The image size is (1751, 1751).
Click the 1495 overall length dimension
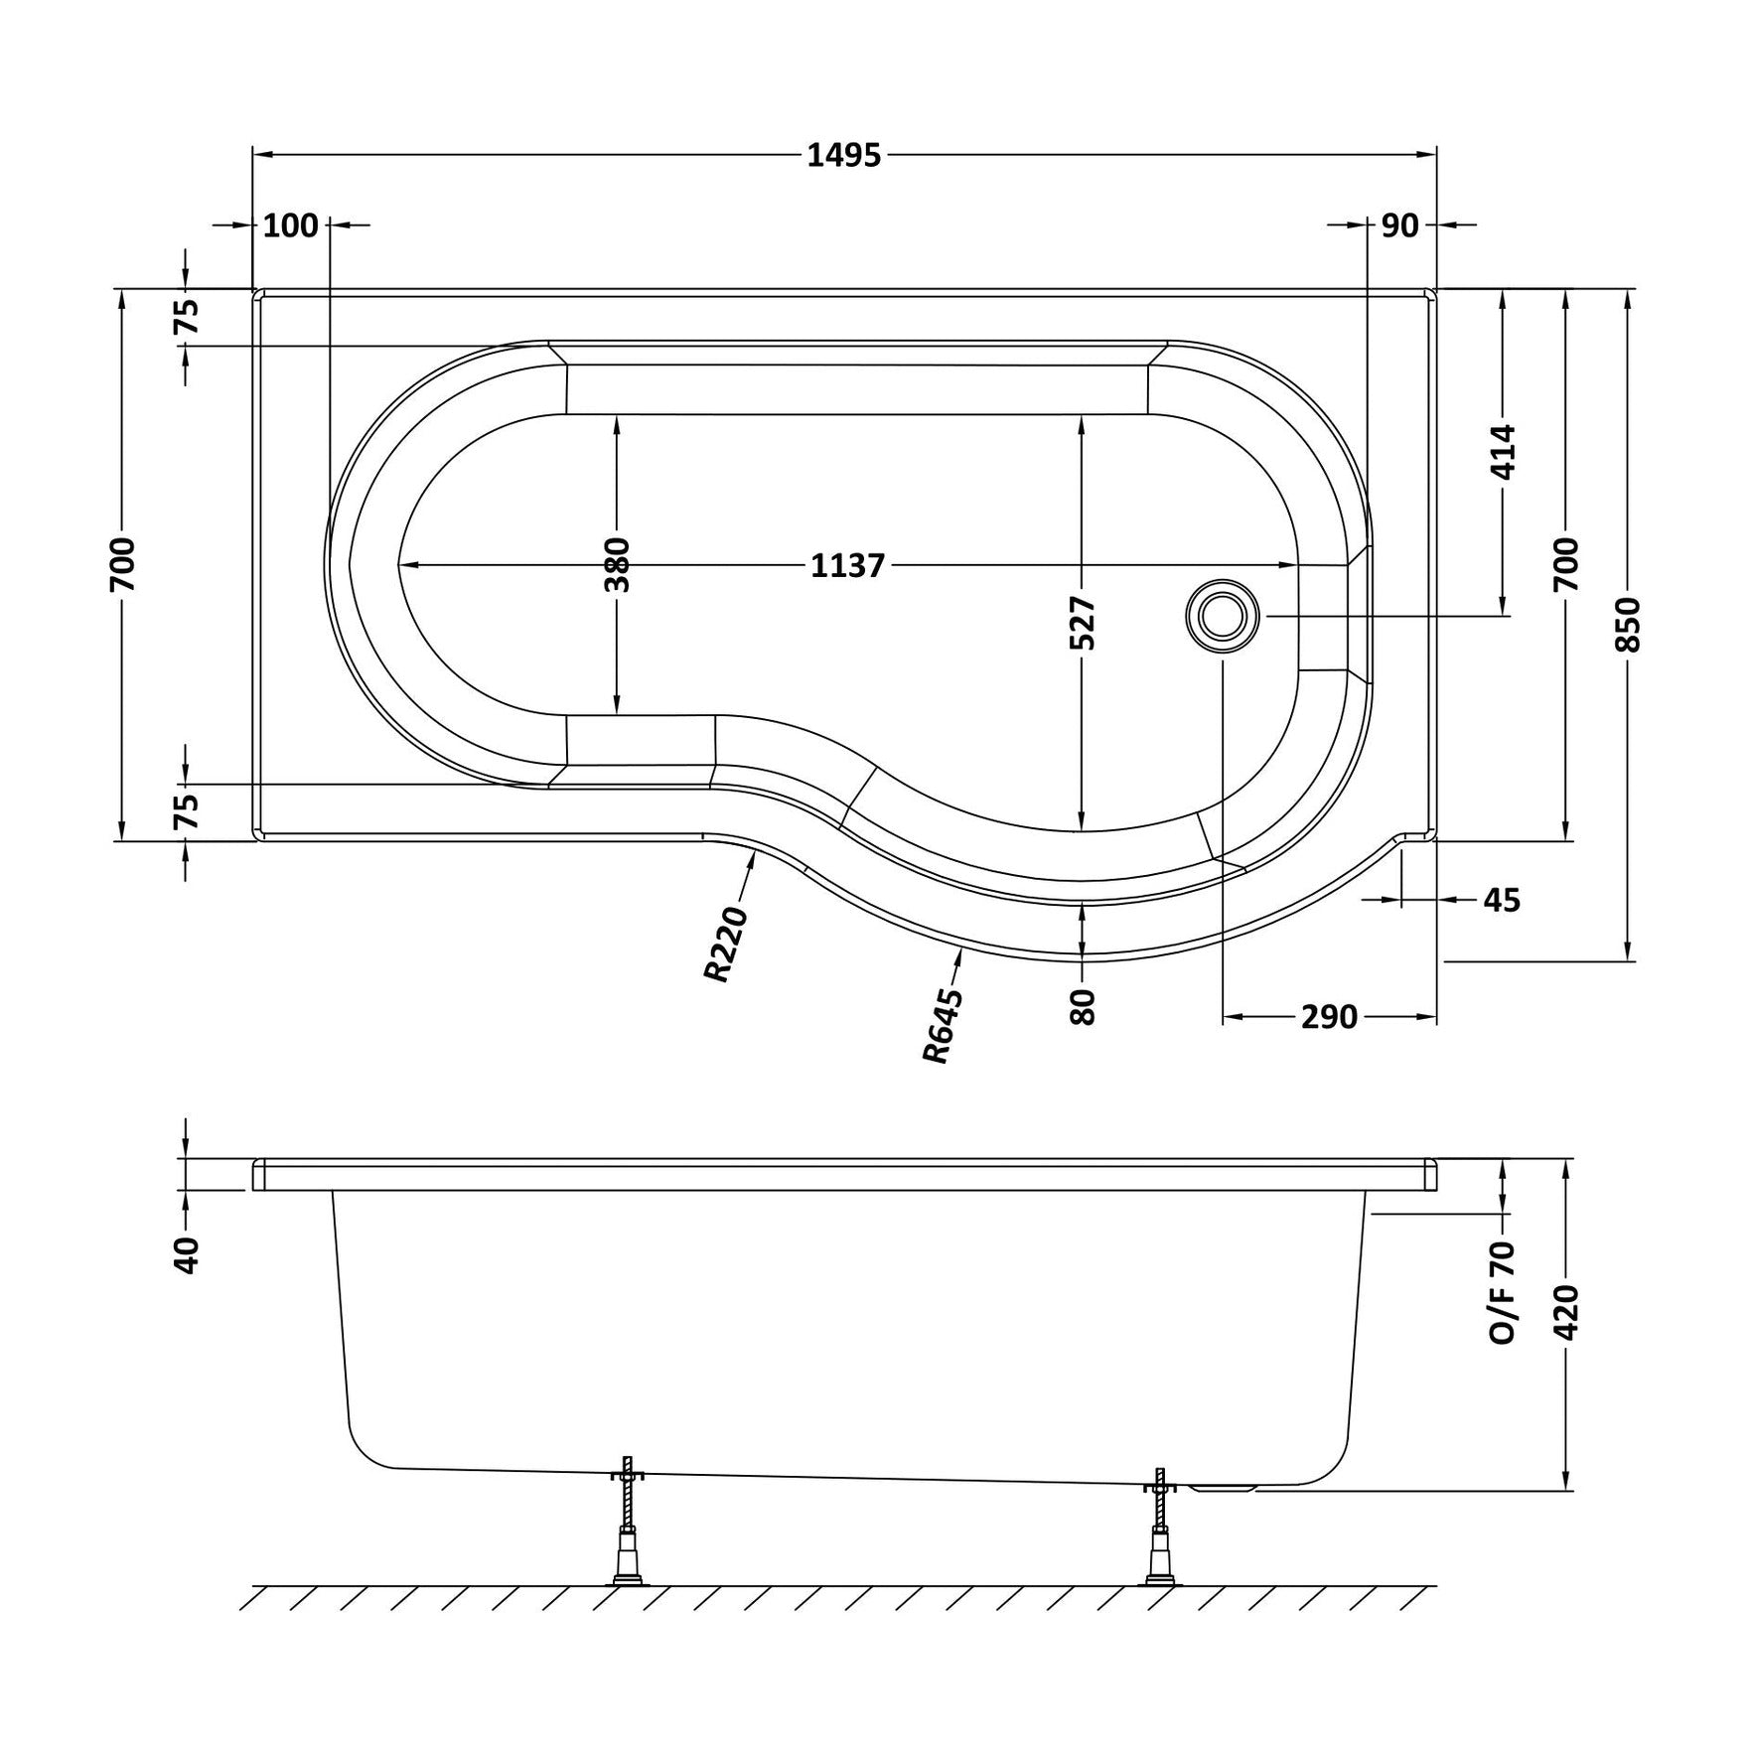[x=843, y=156]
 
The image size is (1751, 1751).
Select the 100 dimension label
[x=291, y=226]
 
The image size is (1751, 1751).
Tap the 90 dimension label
[x=1399, y=226]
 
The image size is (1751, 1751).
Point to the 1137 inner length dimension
[x=847, y=566]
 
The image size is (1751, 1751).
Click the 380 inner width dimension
[x=617, y=564]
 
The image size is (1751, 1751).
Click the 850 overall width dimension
[x=1628, y=625]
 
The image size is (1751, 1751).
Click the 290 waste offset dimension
[x=1329, y=1017]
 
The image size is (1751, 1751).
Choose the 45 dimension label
[x=1502, y=900]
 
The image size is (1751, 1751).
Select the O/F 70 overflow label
[x=1504, y=1292]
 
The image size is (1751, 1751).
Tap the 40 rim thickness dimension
[x=187, y=1254]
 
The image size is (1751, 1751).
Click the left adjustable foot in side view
[x=627, y=1534]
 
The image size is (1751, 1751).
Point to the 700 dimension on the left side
[x=122, y=564]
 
